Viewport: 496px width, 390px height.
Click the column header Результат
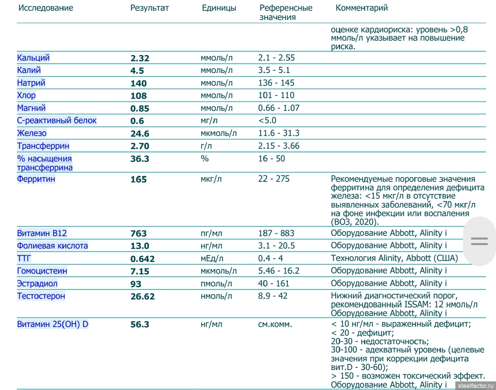(149, 8)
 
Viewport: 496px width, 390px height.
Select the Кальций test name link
(33, 58)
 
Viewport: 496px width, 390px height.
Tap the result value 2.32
(140, 58)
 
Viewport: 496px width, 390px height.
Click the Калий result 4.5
(137, 71)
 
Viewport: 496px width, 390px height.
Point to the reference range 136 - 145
(276, 83)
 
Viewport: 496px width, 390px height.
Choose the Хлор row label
(27, 95)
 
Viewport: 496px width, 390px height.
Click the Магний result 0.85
(140, 108)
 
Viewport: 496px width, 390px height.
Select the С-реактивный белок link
(57, 120)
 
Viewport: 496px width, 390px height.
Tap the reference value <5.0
(267, 120)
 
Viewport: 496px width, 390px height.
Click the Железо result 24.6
(140, 134)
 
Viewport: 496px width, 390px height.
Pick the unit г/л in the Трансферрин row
(206, 146)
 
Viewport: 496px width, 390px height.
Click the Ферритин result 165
(138, 179)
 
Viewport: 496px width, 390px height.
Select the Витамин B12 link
(42, 233)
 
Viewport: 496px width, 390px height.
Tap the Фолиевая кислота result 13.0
(140, 246)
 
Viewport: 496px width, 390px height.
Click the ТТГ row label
(24, 259)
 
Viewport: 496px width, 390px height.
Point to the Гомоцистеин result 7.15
(140, 271)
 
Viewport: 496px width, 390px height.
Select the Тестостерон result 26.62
(143, 296)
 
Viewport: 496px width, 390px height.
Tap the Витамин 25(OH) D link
(53, 324)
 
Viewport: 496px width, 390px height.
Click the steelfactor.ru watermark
(476, 386)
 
